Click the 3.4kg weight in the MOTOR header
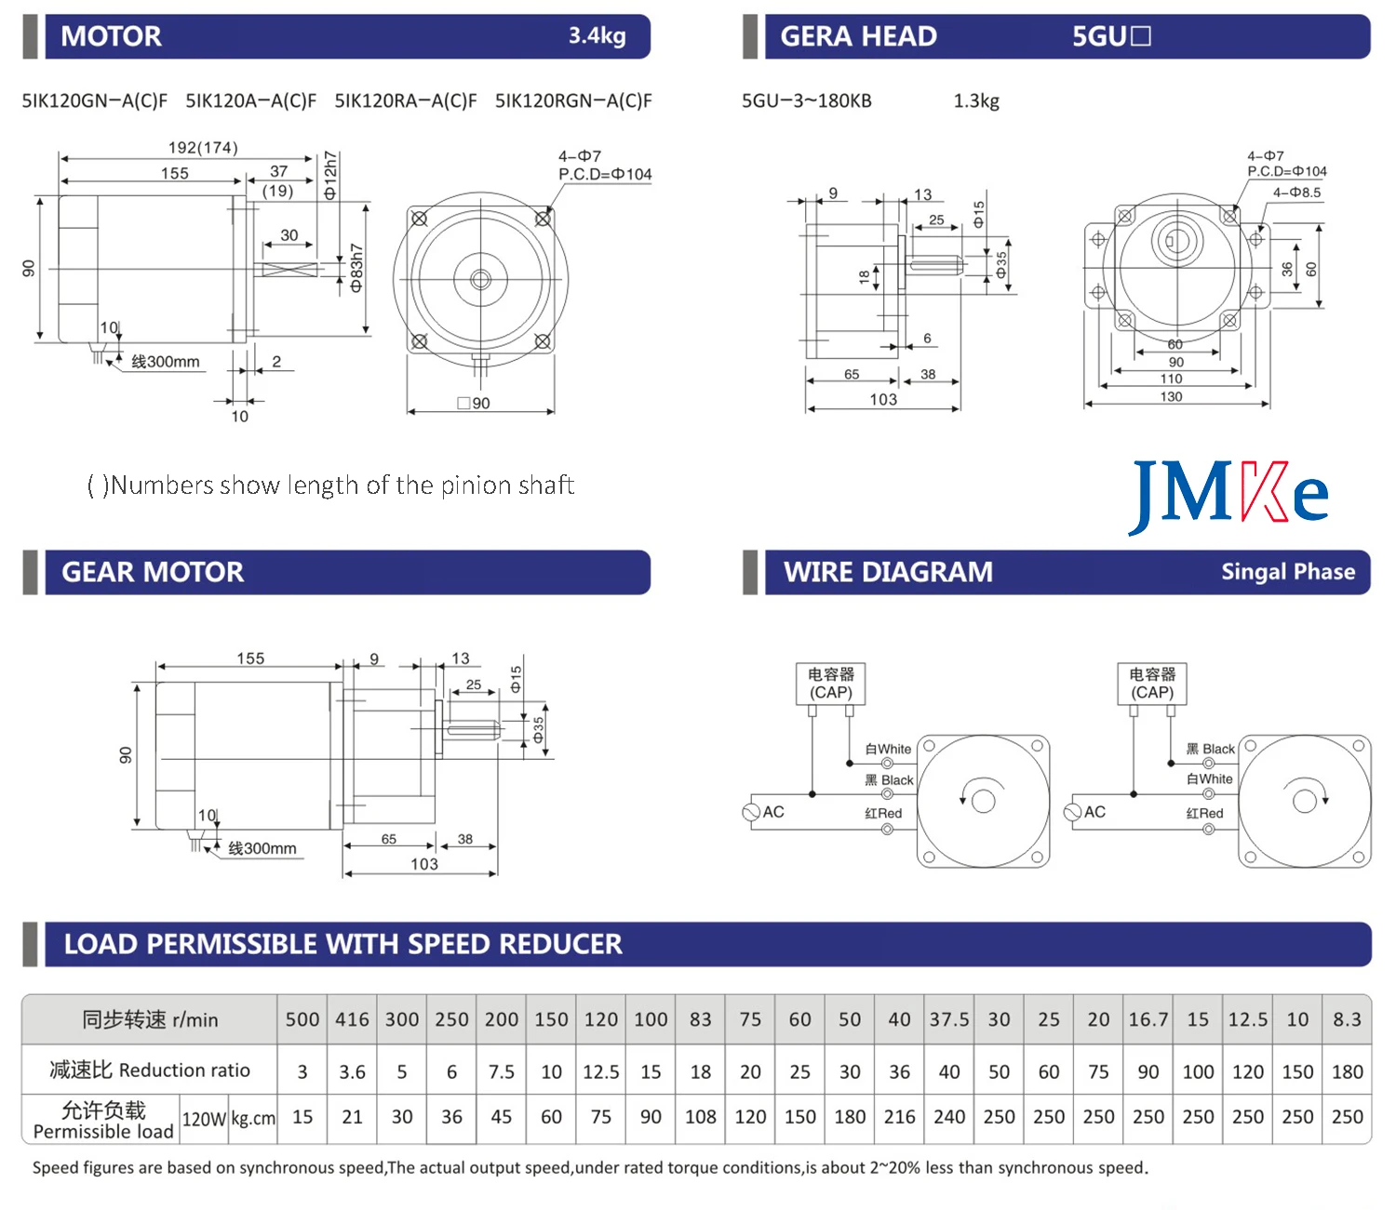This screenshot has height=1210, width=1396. [x=597, y=36]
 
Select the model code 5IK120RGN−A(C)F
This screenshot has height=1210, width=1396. [x=573, y=100]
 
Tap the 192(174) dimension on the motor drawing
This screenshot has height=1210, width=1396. [x=203, y=148]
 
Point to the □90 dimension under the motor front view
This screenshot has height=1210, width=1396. [x=475, y=404]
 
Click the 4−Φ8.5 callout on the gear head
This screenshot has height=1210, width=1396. [x=1297, y=193]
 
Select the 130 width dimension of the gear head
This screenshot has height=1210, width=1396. [x=1171, y=397]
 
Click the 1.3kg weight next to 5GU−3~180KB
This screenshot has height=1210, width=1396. [x=976, y=100]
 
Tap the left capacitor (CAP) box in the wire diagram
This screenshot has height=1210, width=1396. [x=830, y=684]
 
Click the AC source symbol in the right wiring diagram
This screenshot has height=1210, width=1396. [x=1073, y=812]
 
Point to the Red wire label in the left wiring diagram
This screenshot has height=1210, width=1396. [x=883, y=814]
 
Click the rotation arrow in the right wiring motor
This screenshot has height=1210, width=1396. [x=1305, y=798]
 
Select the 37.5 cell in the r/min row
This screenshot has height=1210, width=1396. [x=948, y=1019]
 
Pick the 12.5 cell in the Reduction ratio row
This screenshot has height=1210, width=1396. [x=600, y=1072]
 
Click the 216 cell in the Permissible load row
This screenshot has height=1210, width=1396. [x=899, y=1117]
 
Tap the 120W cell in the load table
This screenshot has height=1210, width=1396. [x=204, y=1119]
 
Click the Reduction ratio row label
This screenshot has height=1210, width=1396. [x=150, y=1070]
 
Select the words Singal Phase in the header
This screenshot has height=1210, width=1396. [x=1288, y=572]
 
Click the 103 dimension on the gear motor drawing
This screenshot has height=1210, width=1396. [x=424, y=865]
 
